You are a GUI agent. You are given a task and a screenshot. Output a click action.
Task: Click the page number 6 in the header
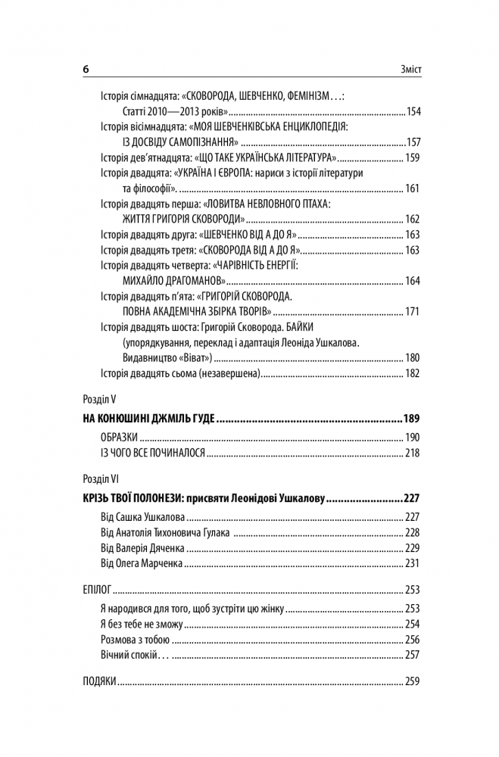pyautogui.click(x=86, y=69)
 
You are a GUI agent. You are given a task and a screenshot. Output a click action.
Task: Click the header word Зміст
pyautogui.click(x=408, y=69)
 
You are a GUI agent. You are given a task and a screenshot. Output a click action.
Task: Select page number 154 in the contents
pyautogui.click(x=413, y=111)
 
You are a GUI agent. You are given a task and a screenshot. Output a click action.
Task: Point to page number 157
pyautogui.click(x=413, y=142)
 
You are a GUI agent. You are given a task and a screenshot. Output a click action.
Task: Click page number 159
pyautogui.click(x=413, y=158)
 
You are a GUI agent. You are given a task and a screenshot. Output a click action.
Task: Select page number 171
pyautogui.click(x=413, y=312)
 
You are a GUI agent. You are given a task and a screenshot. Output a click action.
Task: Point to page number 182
pyautogui.click(x=413, y=373)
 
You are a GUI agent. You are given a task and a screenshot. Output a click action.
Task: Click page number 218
pyautogui.click(x=413, y=453)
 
